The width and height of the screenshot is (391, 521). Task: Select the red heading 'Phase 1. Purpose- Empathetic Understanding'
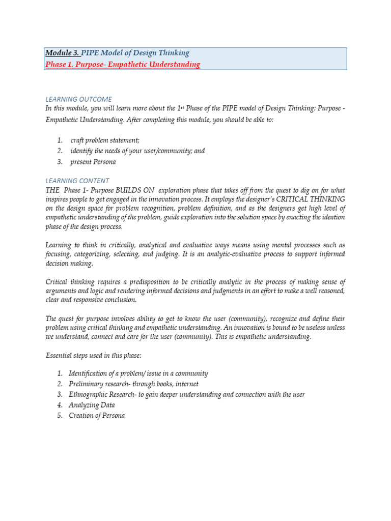tap(123, 65)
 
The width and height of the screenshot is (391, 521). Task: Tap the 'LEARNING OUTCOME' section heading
tap(78, 99)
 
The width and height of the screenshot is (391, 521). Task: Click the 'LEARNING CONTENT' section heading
tap(77, 181)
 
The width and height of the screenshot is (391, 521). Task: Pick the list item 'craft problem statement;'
tap(105, 140)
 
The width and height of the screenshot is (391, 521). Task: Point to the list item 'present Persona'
tap(93, 162)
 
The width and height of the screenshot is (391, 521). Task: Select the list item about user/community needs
tap(137, 151)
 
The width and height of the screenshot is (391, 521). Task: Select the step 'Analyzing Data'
tap(92, 405)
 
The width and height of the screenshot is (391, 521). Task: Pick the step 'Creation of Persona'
tap(97, 416)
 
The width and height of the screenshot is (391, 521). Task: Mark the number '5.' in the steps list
tap(60, 416)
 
